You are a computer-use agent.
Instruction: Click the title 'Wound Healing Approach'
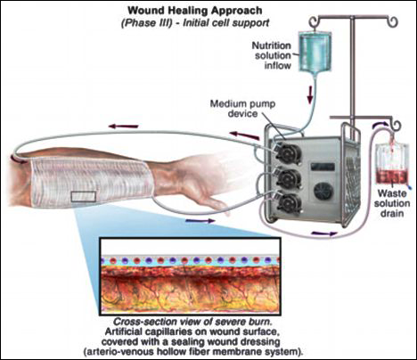(x=195, y=11)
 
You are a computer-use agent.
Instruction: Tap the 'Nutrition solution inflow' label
(x=272, y=55)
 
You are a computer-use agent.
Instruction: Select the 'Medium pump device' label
(x=242, y=109)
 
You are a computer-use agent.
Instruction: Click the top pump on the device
(x=287, y=153)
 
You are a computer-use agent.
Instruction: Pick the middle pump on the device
(x=287, y=179)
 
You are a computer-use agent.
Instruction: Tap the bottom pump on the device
(x=287, y=204)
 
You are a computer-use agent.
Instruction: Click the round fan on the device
(x=323, y=192)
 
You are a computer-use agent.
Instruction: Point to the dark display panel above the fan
(x=323, y=167)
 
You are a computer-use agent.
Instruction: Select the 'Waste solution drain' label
(x=392, y=203)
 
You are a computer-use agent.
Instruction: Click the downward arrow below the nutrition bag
(x=310, y=95)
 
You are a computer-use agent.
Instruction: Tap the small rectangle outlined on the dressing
(x=83, y=197)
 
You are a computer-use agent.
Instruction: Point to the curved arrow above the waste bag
(x=381, y=124)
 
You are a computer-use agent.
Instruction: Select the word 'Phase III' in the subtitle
(x=147, y=23)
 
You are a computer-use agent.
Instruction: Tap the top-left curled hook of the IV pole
(x=315, y=21)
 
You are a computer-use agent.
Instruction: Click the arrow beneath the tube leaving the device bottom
(x=324, y=233)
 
